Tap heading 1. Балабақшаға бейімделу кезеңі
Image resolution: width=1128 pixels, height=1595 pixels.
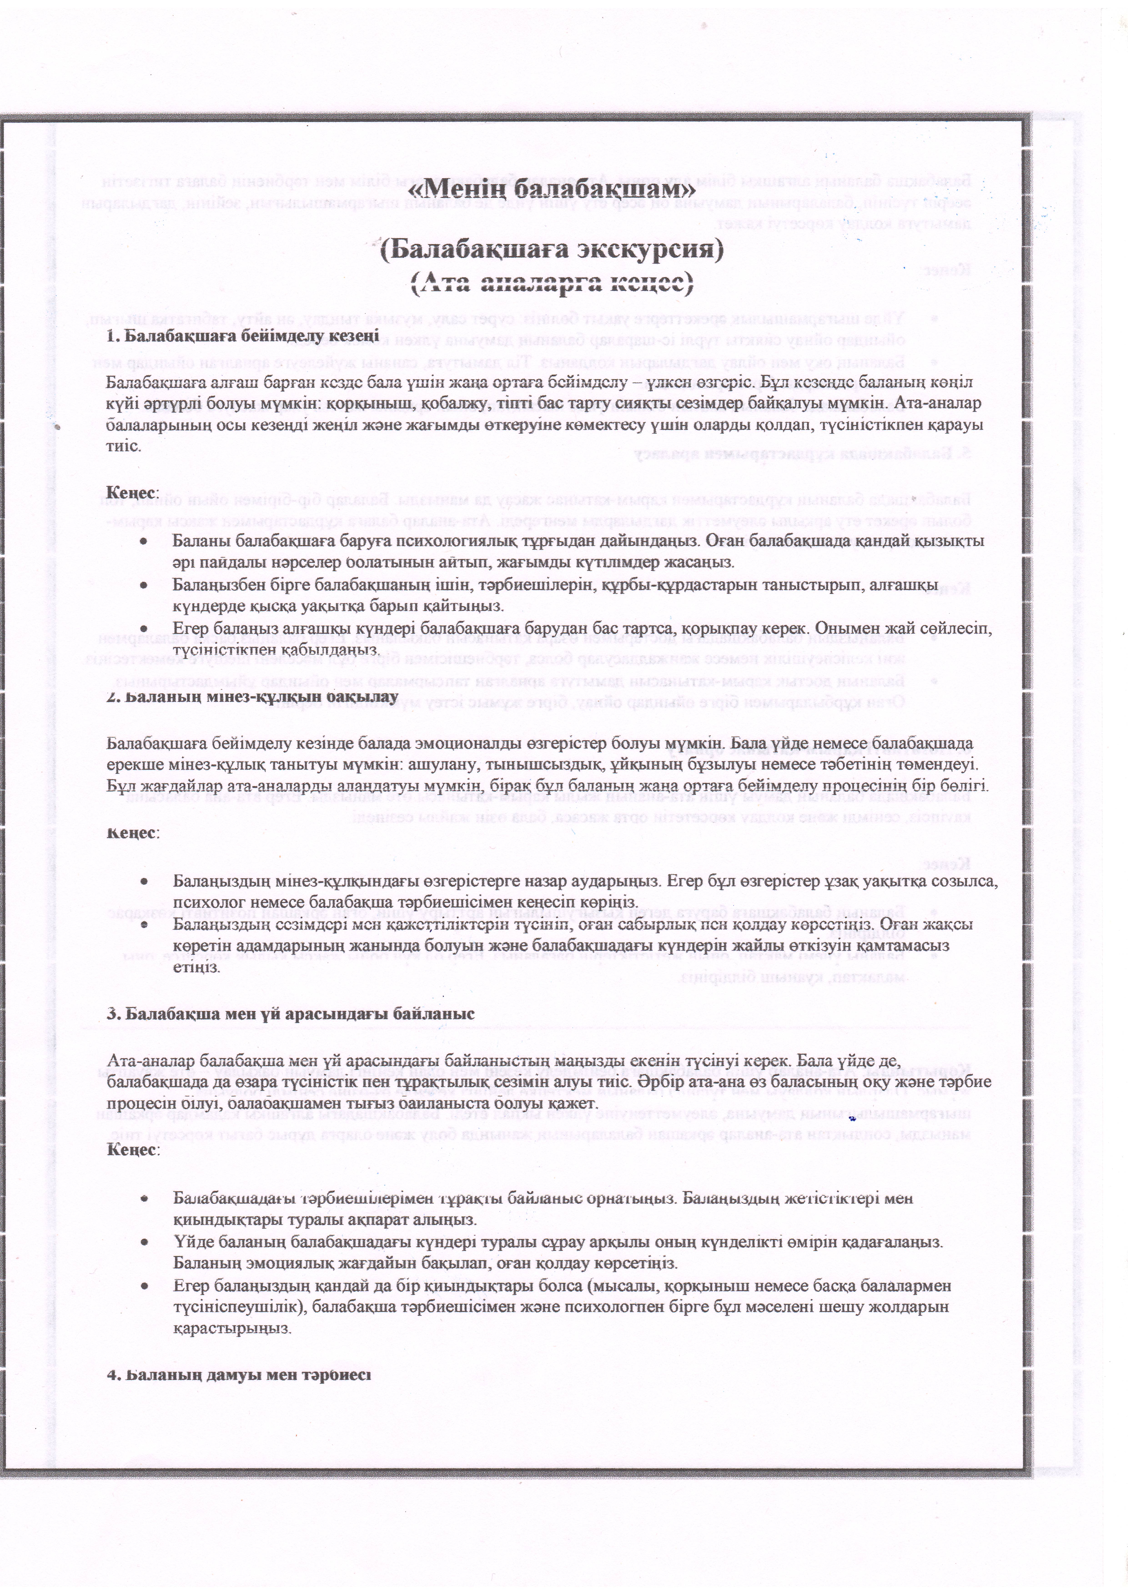(243, 336)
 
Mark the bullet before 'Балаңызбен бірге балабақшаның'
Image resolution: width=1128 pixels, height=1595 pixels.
(143, 586)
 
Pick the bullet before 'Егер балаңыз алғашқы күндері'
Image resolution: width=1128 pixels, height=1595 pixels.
(143, 629)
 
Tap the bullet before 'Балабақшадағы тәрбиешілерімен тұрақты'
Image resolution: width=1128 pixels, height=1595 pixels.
(143, 1199)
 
